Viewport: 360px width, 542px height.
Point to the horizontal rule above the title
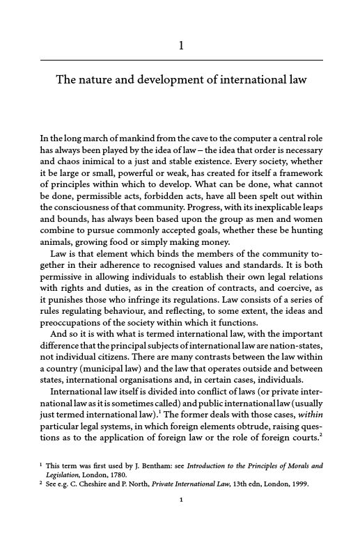click(181, 61)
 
